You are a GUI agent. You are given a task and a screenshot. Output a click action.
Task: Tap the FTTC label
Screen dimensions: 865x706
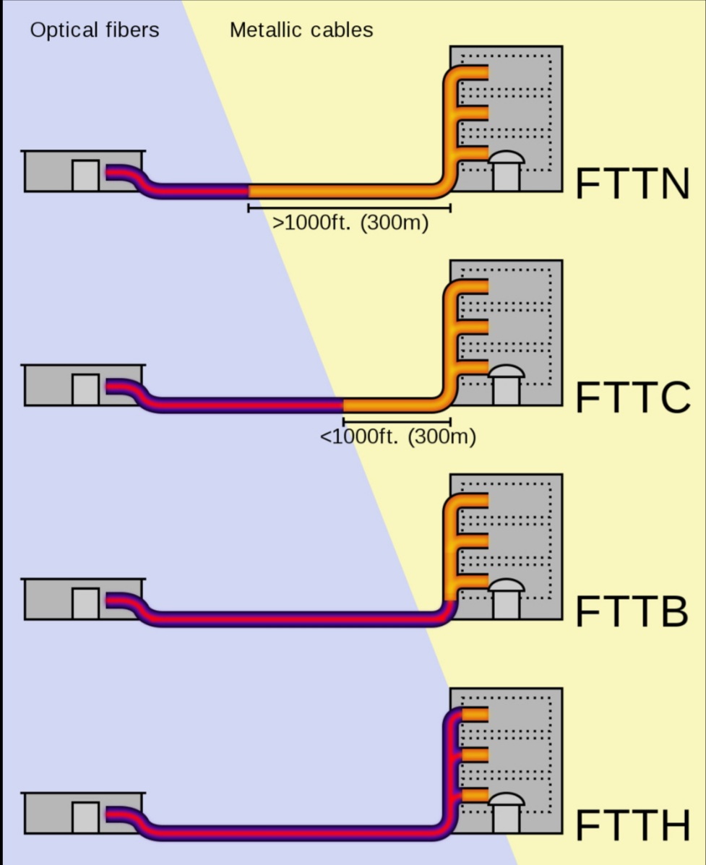click(x=632, y=398)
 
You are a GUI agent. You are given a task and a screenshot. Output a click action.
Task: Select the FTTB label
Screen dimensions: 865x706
click(x=631, y=611)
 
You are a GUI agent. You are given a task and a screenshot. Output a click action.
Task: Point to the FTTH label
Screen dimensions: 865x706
click(x=632, y=825)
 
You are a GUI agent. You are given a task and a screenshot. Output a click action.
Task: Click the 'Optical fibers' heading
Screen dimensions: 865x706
click(x=95, y=30)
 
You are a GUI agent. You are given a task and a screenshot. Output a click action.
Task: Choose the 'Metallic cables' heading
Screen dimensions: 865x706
click(x=301, y=30)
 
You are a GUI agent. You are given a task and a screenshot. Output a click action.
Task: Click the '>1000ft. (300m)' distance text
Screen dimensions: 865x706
click(x=350, y=223)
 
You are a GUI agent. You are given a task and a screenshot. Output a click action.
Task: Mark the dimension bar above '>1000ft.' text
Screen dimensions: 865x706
click(x=349, y=208)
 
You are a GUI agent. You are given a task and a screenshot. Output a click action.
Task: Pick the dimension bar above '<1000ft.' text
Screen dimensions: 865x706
click(x=397, y=421)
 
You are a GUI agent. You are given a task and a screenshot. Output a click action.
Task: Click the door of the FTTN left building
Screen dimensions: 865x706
click(x=85, y=176)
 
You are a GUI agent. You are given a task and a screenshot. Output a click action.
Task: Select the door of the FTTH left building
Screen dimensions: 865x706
click(x=85, y=817)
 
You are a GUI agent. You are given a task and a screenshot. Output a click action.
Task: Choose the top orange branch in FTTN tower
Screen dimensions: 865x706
click(x=473, y=73)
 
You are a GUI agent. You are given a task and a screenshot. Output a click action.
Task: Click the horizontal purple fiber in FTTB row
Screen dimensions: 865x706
click(x=289, y=619)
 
